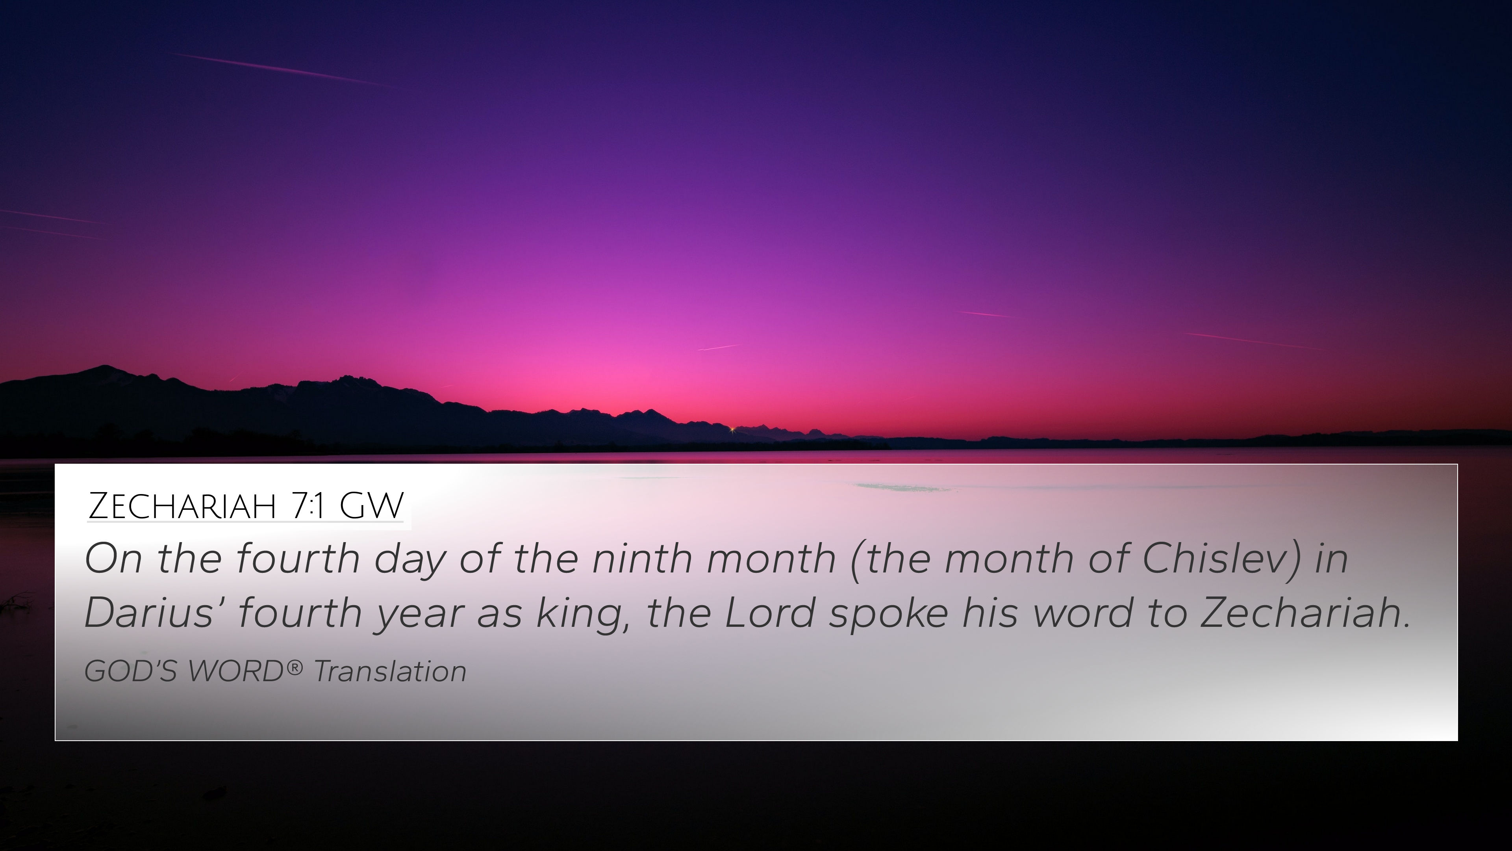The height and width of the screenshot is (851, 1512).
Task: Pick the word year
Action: point(419,615)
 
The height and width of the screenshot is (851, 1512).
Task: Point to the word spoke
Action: point(888,614)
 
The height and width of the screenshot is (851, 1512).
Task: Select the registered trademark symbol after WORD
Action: point(295,667)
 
